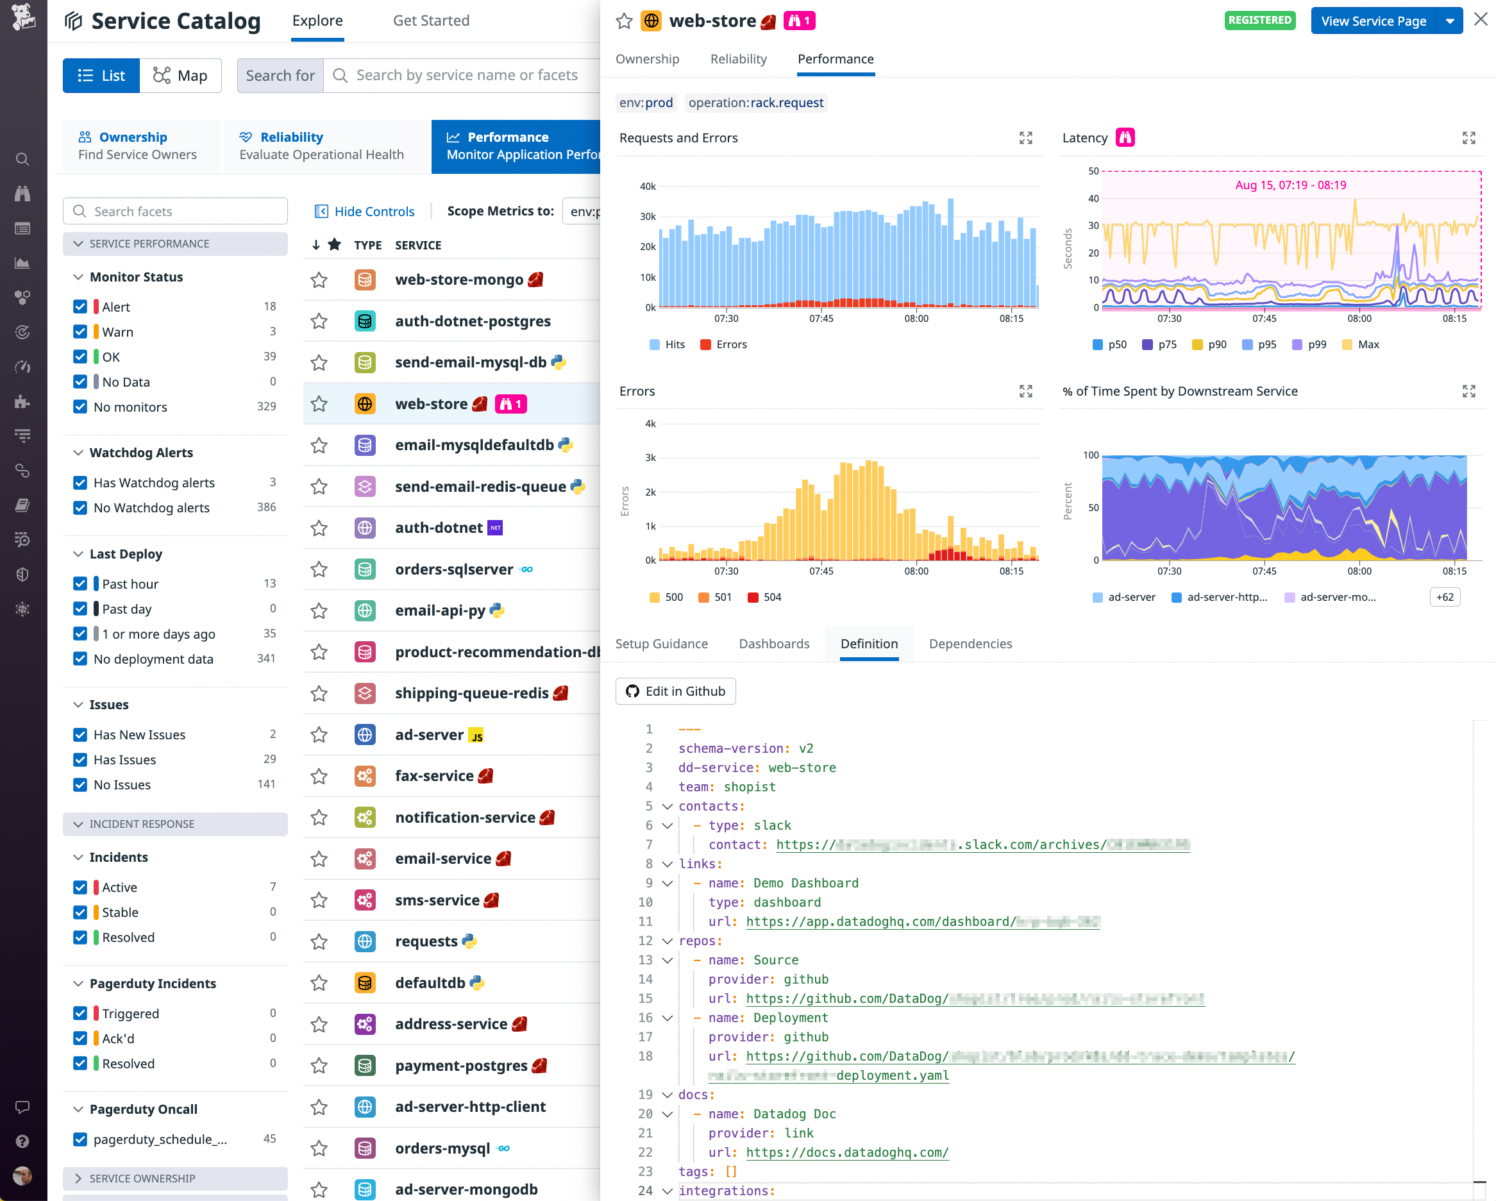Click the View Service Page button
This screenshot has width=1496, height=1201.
coord(1372,21)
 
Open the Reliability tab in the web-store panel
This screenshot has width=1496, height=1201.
coord(738,59)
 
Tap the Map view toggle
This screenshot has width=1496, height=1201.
coord(180,76)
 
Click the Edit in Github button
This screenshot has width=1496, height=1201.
coord(675,691)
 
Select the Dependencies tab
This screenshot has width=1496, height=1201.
coord(970,644)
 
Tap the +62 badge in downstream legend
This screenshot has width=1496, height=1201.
coord(1445,598)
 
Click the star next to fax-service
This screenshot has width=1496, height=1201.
coord(319,776)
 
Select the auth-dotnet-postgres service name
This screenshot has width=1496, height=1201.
coord(473,321)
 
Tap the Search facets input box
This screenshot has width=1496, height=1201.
coord(176,212)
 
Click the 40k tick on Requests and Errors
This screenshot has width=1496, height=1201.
coord(648,187)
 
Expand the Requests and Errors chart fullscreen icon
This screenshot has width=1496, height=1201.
coord(1025,138)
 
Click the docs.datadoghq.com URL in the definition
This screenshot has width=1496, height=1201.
coord(847,1152)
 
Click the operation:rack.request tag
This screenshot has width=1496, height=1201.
coord(755,103)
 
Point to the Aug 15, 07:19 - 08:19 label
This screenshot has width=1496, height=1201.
coord(1291,185)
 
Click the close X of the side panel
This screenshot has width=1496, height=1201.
coord(1481,19)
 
